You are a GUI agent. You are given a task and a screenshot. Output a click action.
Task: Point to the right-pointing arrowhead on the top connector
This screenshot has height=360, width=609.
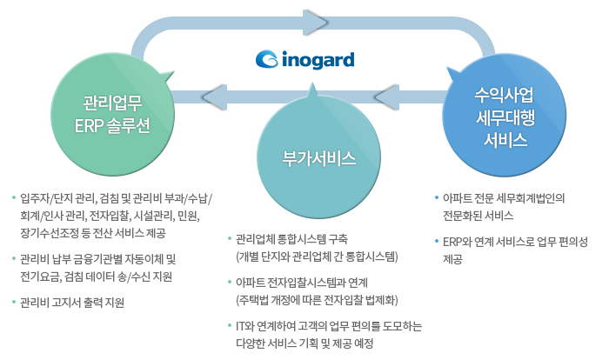[314, 20]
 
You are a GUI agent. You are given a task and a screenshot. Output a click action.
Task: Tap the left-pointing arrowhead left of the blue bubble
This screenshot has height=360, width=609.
[399, 95]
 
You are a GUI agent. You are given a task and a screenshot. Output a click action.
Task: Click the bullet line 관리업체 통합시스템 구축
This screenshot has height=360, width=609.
[291, 238]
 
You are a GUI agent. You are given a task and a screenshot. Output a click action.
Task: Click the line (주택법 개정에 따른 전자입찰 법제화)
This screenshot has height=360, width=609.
[317, 300]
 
